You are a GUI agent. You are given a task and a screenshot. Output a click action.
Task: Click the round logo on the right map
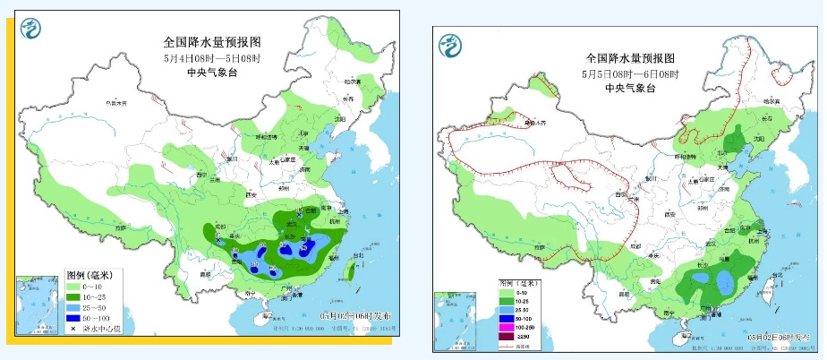point(450,43)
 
